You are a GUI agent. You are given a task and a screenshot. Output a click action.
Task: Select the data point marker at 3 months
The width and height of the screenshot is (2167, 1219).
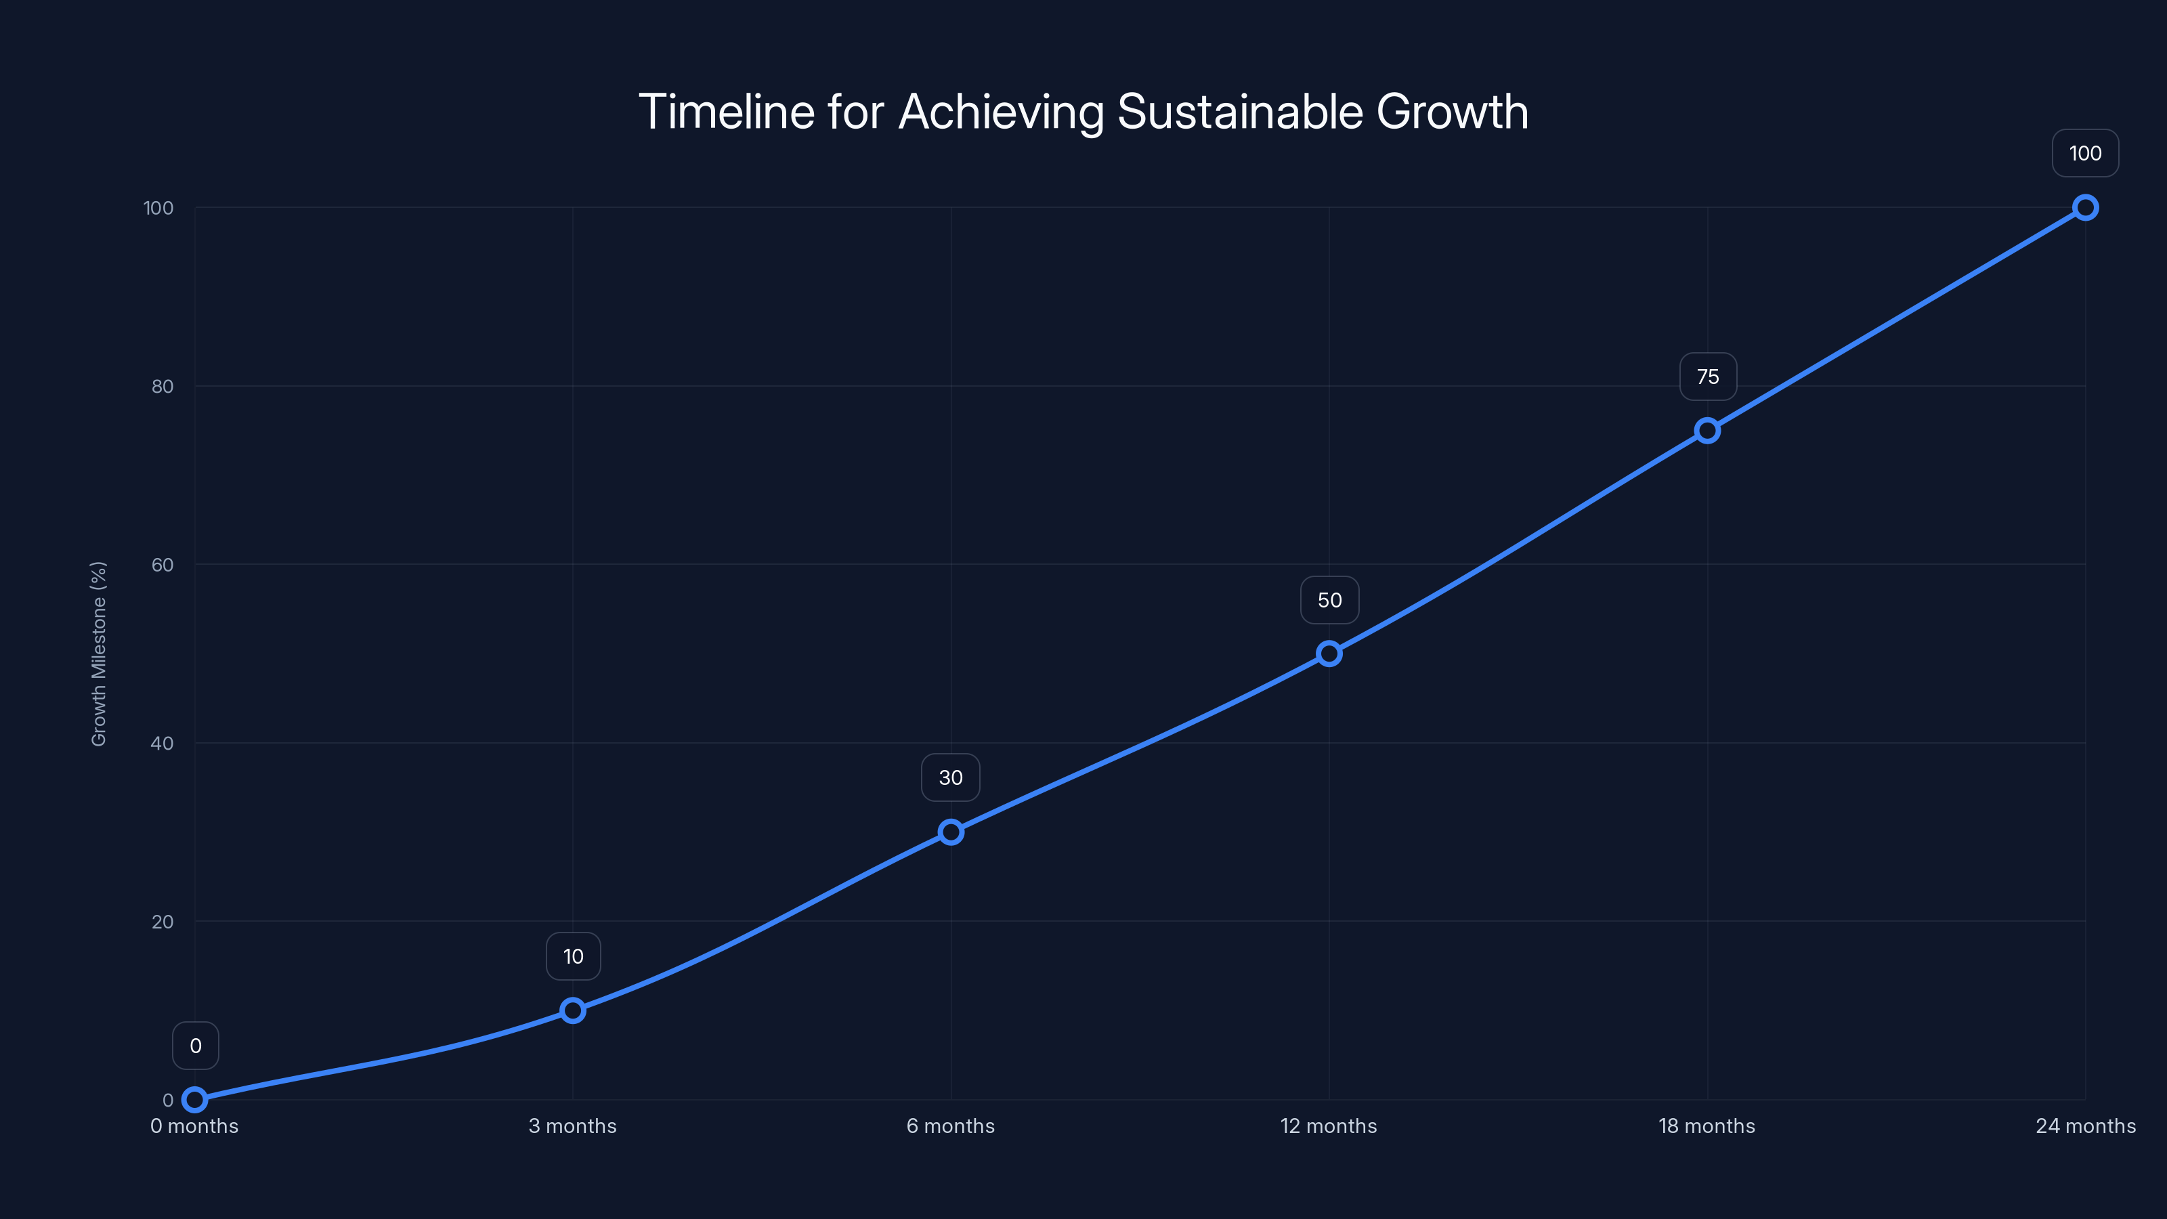573,1010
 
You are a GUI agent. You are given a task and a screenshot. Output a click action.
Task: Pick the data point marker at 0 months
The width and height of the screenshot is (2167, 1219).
194,1100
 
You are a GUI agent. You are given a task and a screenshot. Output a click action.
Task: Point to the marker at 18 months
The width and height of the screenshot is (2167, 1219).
1707,431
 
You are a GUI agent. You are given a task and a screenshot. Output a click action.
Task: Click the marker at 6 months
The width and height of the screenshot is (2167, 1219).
951,832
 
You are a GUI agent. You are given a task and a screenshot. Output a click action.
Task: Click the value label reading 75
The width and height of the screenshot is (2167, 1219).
1708,377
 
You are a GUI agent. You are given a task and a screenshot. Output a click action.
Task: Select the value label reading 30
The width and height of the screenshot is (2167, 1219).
951,777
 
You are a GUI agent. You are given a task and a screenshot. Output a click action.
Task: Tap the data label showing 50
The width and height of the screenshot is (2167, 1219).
1329,600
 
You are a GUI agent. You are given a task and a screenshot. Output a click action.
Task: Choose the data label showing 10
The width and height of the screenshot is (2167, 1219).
573,956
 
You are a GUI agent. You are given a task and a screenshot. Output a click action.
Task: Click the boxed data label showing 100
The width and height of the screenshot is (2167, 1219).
2084,153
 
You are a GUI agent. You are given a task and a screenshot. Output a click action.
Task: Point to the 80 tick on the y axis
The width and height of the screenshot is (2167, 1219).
163,386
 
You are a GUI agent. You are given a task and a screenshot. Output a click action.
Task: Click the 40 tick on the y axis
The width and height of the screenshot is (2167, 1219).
163,743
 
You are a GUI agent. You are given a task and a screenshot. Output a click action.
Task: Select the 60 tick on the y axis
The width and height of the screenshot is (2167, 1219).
163,565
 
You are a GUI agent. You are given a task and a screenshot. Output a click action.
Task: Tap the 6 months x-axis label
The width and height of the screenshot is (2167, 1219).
951,1126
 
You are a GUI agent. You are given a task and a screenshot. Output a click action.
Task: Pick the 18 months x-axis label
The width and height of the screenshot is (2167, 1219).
1707,1126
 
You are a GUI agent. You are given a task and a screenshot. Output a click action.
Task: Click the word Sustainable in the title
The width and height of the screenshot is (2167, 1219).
1240,112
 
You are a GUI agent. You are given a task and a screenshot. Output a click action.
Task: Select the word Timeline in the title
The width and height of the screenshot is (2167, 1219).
726,112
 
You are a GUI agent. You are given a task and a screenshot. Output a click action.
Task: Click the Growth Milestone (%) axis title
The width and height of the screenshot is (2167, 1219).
98,654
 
